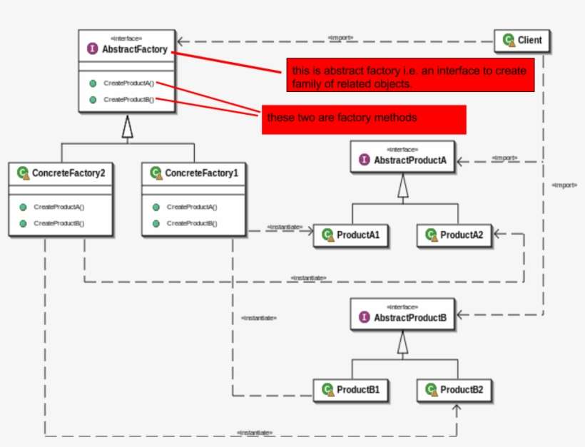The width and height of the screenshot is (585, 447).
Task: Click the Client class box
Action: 522,41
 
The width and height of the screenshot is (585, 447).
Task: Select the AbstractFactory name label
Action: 134,49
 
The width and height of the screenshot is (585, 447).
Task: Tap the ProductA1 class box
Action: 351,235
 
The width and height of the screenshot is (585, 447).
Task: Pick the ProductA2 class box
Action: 454,235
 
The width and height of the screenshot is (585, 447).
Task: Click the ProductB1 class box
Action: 351,390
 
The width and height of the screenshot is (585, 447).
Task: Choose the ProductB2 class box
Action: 454,390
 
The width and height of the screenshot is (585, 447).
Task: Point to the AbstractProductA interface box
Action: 402,158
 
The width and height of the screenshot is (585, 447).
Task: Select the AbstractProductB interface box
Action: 402,314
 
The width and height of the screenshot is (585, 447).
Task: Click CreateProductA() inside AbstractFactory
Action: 128,83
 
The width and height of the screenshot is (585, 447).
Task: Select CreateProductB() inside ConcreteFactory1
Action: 191,223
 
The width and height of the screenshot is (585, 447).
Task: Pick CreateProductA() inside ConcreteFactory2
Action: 58,207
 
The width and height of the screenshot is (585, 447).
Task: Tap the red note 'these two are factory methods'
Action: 364,118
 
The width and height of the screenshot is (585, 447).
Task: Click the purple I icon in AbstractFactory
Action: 92,49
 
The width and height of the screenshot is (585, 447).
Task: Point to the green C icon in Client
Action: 507,41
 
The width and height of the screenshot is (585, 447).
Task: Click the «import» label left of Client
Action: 340,37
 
